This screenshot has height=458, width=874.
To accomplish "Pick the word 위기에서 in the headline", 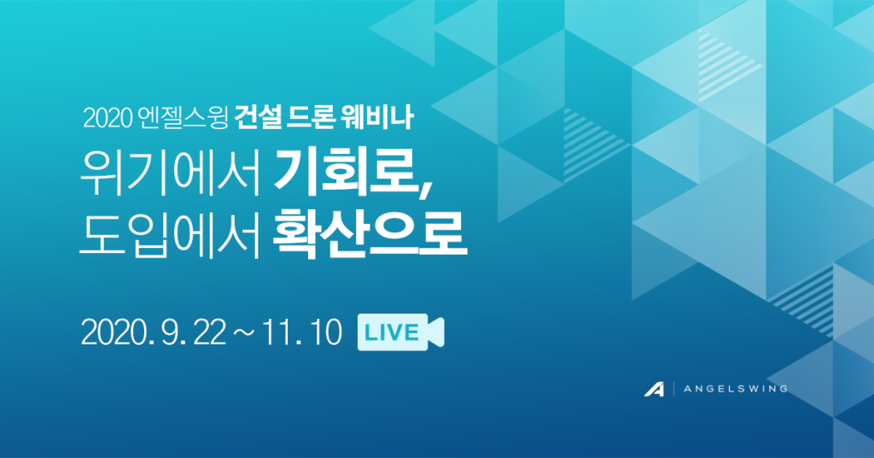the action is [x=170, y=173].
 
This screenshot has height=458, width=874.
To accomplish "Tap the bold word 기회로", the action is [x=345, y=173].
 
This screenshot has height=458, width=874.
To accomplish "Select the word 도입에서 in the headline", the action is [x=170, y=234].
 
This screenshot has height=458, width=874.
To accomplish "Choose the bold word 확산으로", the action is [x=369, y=234].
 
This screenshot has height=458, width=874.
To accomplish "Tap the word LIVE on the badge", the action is [x=391, y=332].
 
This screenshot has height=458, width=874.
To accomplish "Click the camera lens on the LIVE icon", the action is [x=436, y=332].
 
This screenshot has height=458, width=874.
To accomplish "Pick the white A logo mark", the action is [x=655, y=389].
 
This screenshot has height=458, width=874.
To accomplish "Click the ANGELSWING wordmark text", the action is [x=735, y=389].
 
